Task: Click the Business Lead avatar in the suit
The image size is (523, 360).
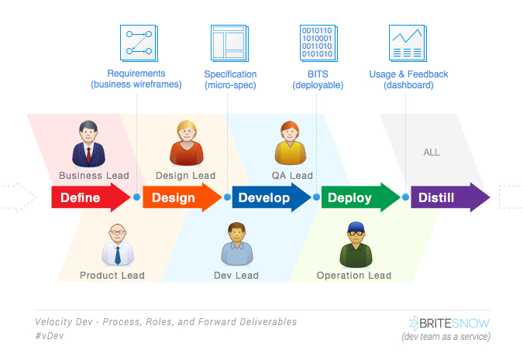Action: [88, 144]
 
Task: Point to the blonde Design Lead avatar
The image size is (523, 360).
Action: [187, 143]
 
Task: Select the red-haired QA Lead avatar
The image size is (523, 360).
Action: [291, 143]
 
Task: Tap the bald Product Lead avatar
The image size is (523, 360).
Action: [118, 245]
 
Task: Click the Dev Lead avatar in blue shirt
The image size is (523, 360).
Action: [237, 244]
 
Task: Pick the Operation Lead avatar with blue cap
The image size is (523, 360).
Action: [356, 245]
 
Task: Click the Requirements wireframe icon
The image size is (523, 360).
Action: [139, 43]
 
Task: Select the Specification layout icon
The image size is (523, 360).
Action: [230, 43]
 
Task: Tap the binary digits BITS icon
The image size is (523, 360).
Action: [319, 43]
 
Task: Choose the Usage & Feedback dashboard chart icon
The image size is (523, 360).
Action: [408, 43]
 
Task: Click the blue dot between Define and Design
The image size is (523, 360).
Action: [136, 197]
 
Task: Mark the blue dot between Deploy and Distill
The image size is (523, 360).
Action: [405, 197]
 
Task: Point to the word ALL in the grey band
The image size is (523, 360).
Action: [432, 153]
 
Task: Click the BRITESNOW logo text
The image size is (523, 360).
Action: [449, 323]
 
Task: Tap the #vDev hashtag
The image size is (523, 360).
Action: [50, 336]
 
